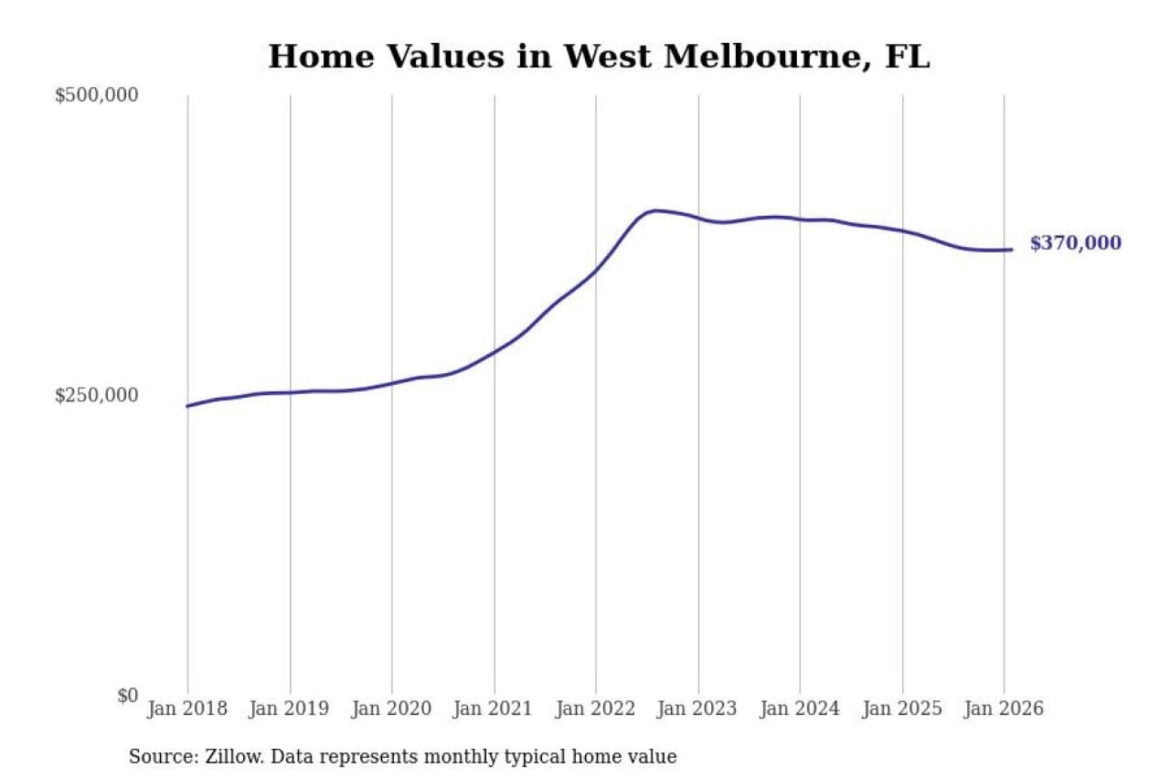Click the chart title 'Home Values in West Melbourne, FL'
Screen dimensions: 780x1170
[x=599, y=57]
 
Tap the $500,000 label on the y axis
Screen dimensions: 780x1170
[x=97, y=95]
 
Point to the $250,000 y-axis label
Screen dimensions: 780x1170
[x=97, y=396]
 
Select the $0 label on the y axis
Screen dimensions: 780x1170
[x=128, y=695]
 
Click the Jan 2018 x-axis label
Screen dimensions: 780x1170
[x=187, y=708]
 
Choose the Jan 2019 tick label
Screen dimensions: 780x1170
[x=289, y=708]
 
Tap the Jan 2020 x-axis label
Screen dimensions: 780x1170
[x=391, y=708]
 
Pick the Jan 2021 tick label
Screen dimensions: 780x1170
[x=492, y=708]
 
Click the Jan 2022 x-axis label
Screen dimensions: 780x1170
[x=595, y=708]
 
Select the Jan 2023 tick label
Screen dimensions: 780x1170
[x=697, y=708]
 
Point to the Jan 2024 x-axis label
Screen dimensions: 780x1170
[x=799, y=708]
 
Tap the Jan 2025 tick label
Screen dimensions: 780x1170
[x=901, y=708]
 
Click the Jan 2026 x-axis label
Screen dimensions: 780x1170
[x=1003, y=708]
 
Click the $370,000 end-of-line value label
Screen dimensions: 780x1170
[x=1075, y=243]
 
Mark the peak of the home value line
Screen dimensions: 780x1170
[x=655, y=210]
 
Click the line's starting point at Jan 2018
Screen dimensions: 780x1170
[x=188, y=406]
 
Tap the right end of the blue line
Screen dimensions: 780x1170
[x=1012, y=249]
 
